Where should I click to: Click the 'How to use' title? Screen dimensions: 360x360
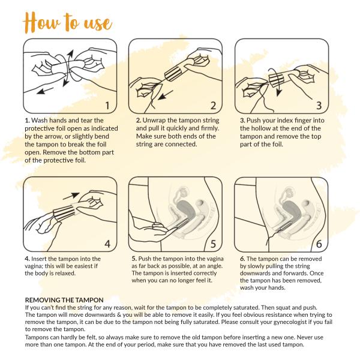click(67, 23)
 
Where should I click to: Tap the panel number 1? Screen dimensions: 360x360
click(107, 106)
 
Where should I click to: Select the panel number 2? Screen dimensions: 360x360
click(213, 106)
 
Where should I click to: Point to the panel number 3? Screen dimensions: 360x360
click(319, 106)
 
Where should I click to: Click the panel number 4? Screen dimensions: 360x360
click(107, 244)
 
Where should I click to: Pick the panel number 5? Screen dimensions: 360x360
click(213, 244)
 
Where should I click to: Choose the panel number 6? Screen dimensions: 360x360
click(319, 244)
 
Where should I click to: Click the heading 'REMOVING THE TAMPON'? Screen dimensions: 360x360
click(64, 300)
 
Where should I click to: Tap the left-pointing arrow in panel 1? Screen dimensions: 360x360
click(45, 91)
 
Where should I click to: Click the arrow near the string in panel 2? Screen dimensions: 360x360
click(166, 95)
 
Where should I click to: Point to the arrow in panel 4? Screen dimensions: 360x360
click(71, 196)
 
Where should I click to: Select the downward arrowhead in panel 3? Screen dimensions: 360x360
click(279, 92)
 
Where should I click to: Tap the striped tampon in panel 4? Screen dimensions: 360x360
click(65, 213)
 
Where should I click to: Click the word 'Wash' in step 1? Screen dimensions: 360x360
click(40, 121)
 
